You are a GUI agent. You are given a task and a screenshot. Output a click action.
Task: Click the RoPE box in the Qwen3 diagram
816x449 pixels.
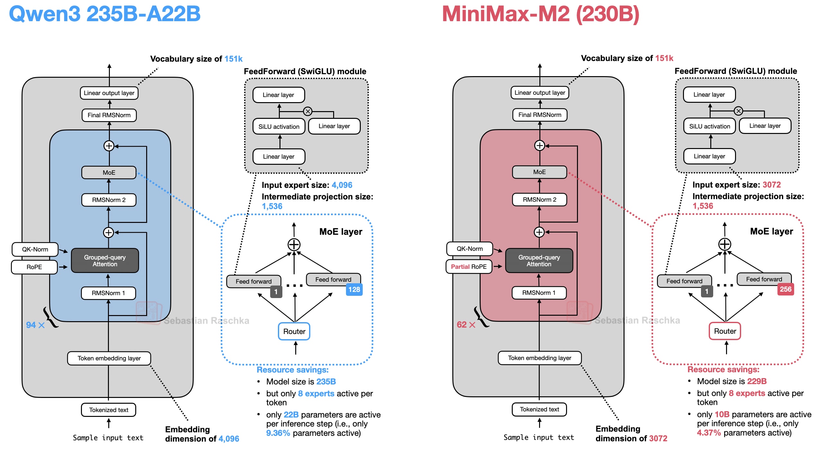click(34, 267)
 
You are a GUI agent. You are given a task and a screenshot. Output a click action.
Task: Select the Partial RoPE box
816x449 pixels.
click(469, 267)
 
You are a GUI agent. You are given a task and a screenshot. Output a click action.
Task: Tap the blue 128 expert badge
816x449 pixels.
click(354, 289)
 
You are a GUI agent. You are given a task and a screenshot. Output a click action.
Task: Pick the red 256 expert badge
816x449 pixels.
click(785, 289)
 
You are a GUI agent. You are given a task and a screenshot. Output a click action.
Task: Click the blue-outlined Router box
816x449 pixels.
click(294, 331)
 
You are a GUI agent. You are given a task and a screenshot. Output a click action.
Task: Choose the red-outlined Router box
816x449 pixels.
click(725, 331)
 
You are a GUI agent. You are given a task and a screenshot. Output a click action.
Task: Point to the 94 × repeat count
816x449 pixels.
click(35, 325)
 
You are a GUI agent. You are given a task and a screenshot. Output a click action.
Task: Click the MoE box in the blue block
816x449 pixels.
click(109, 172)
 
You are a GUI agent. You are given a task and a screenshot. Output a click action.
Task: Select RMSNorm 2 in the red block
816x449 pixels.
click(539, 199)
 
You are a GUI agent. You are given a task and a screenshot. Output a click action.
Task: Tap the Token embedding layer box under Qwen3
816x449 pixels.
click(109, 358)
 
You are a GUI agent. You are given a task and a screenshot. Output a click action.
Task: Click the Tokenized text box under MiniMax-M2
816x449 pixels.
click(539, 409)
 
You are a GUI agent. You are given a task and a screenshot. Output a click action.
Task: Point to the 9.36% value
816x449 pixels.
click(278, 433)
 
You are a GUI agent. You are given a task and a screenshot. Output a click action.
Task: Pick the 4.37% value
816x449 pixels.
click(709, 433)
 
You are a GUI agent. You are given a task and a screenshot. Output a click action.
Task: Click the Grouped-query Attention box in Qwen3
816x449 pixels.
click(105, 260)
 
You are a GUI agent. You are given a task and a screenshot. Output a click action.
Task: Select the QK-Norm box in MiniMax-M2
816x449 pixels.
click(470, 249)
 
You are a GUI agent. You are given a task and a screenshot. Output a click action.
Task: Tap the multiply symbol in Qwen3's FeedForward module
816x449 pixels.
click(308, 111)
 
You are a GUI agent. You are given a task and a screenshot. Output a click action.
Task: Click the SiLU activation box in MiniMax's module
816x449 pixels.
click(710, 126)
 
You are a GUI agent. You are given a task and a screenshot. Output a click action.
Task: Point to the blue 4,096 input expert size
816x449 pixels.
click(342, 185)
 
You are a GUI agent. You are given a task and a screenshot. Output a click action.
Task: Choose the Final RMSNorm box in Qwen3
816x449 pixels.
click(109, 115)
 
